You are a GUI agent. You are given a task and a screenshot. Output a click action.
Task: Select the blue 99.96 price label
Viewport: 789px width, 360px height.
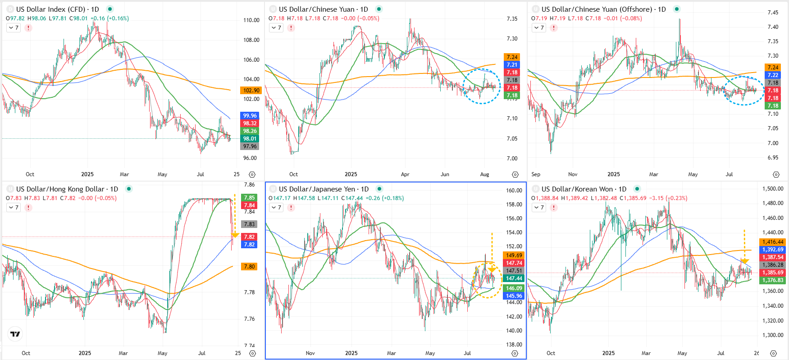[250, 116]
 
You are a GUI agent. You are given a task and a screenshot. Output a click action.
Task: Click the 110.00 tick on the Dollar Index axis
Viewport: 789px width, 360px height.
[251, 20]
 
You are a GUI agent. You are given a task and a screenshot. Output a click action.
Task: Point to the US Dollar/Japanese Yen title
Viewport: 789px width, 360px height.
[324, 189]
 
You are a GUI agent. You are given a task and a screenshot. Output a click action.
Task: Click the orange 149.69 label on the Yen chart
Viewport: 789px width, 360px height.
[514, 255]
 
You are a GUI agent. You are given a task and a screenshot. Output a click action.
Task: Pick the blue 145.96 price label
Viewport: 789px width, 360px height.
[514, 296]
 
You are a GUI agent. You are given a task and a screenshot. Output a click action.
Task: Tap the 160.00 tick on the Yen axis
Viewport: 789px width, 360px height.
[514, 191]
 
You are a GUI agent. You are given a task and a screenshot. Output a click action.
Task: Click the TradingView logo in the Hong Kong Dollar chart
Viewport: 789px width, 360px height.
[15, 334]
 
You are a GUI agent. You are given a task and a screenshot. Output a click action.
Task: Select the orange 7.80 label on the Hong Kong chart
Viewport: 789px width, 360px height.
[249, 267]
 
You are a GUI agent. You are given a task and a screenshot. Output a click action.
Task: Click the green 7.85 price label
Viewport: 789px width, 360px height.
[249, 198]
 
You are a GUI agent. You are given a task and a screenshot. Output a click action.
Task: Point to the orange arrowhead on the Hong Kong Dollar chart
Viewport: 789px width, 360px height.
[235, 235]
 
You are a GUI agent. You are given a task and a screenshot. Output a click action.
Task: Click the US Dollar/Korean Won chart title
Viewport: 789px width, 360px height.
[584, 189]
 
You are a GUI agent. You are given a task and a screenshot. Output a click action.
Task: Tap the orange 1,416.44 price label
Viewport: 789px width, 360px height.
[773, 242]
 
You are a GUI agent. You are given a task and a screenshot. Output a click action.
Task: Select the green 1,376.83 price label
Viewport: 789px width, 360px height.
[773, 280]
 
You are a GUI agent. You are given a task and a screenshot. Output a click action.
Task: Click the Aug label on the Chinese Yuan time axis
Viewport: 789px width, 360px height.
[484, 174]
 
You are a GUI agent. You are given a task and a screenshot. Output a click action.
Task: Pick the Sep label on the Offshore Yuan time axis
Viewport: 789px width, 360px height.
[536, 174]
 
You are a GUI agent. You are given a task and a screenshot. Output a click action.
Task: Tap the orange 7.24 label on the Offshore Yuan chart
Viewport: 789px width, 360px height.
[773, 68]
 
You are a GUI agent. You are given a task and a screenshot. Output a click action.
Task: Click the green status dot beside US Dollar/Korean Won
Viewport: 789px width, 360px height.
[637, 189]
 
